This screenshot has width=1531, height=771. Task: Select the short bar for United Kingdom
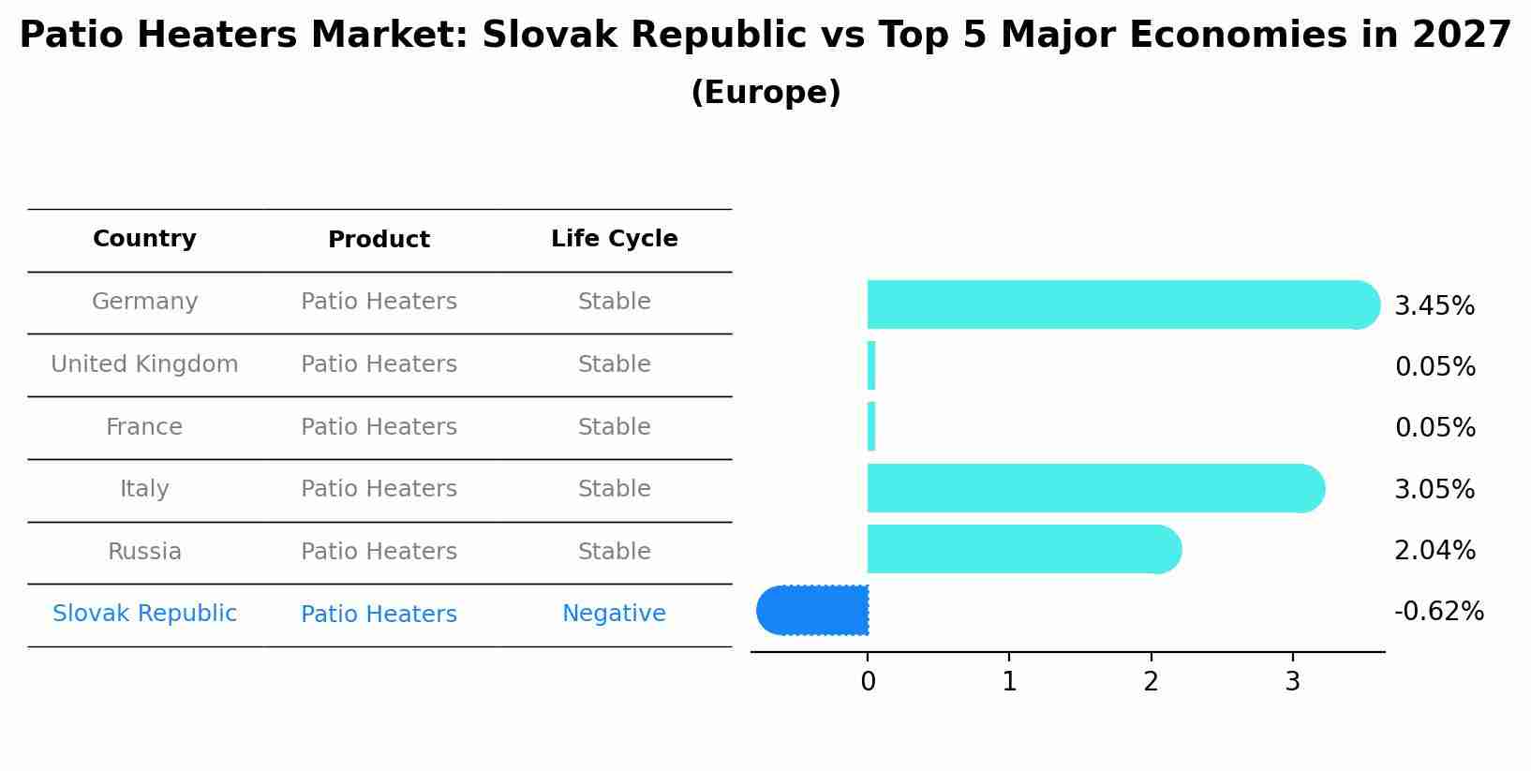871,365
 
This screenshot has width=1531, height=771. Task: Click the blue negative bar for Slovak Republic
813,611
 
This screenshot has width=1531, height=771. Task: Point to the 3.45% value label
1434,306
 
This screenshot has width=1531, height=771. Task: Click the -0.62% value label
1438,612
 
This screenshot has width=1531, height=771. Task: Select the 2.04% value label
1434,550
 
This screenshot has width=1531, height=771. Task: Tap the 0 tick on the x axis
868,682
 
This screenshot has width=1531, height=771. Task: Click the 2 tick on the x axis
1151,682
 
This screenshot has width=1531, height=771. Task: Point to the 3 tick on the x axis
1292,682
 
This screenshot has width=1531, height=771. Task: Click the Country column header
144,239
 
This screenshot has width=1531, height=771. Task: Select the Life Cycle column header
614,239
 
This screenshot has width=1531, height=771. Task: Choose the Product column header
379,240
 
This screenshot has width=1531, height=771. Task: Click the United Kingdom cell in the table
144,364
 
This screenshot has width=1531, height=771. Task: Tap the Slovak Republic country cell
144,614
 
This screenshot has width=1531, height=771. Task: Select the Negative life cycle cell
614,614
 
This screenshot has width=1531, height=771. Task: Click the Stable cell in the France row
614,427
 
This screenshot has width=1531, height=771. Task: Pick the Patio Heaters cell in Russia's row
379,552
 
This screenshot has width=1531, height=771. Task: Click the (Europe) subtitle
765,93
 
